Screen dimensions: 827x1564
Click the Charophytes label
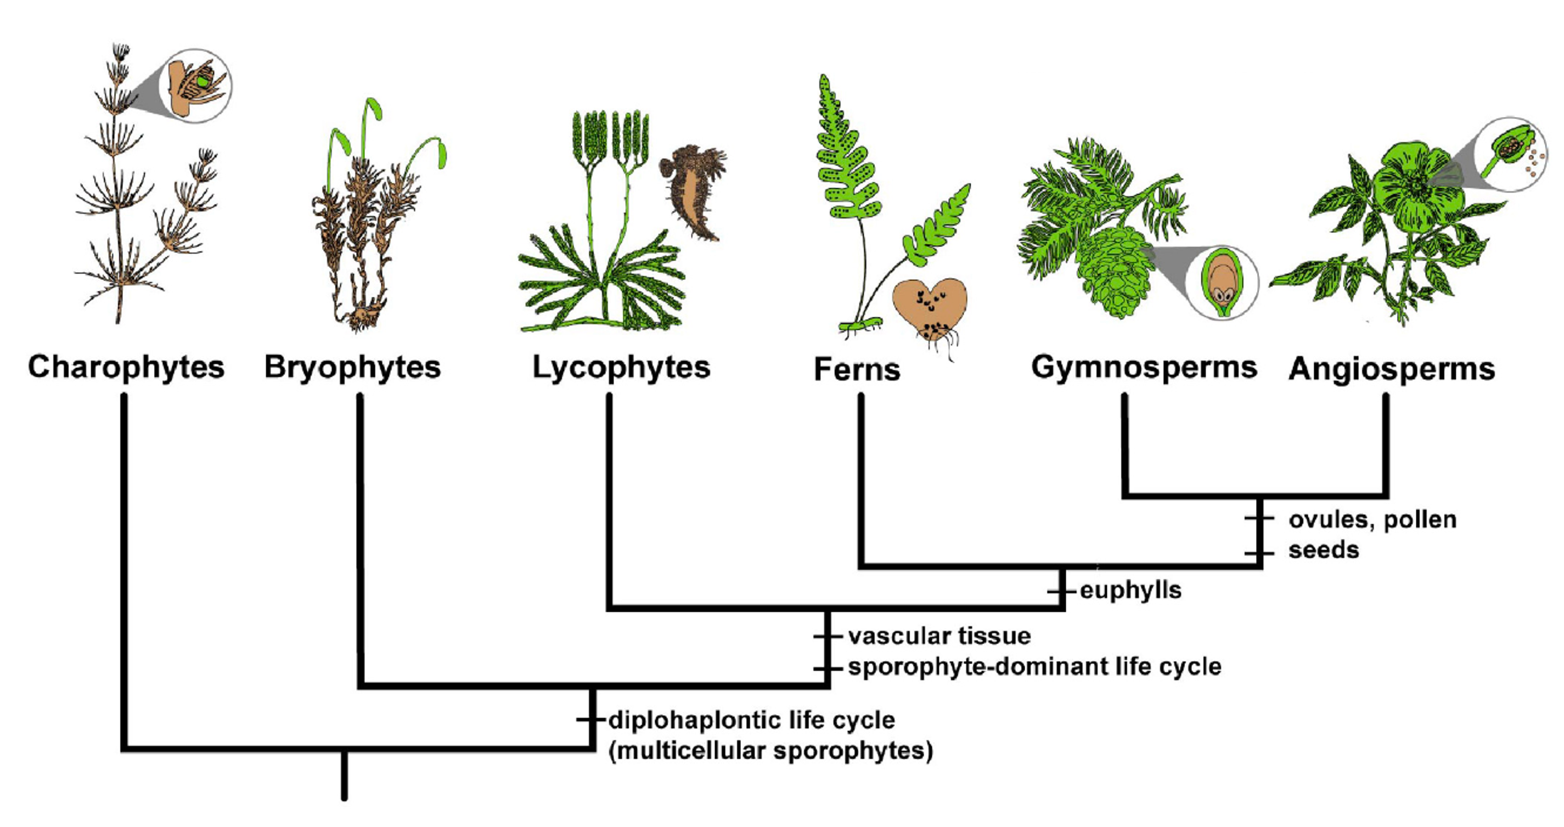[x=126, y=367]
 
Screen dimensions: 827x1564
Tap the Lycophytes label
[x=621, y=367]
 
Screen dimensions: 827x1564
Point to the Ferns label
[x=857, y=369]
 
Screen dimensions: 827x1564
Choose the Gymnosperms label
[x=1144, y=367]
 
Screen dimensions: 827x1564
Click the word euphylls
[x=1130, y=590]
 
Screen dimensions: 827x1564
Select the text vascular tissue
[x=939, y=635]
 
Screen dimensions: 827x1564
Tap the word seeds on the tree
[x=1324, y=550]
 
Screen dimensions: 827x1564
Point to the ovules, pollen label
[x=1372, y=520]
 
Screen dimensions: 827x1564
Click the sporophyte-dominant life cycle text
[x=1034, y=667]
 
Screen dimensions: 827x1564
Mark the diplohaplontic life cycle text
[x=752, y=720]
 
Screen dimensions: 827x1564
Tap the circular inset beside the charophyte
[x=195, y=86]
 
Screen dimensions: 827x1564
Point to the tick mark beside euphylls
[x=1061, y=590]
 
